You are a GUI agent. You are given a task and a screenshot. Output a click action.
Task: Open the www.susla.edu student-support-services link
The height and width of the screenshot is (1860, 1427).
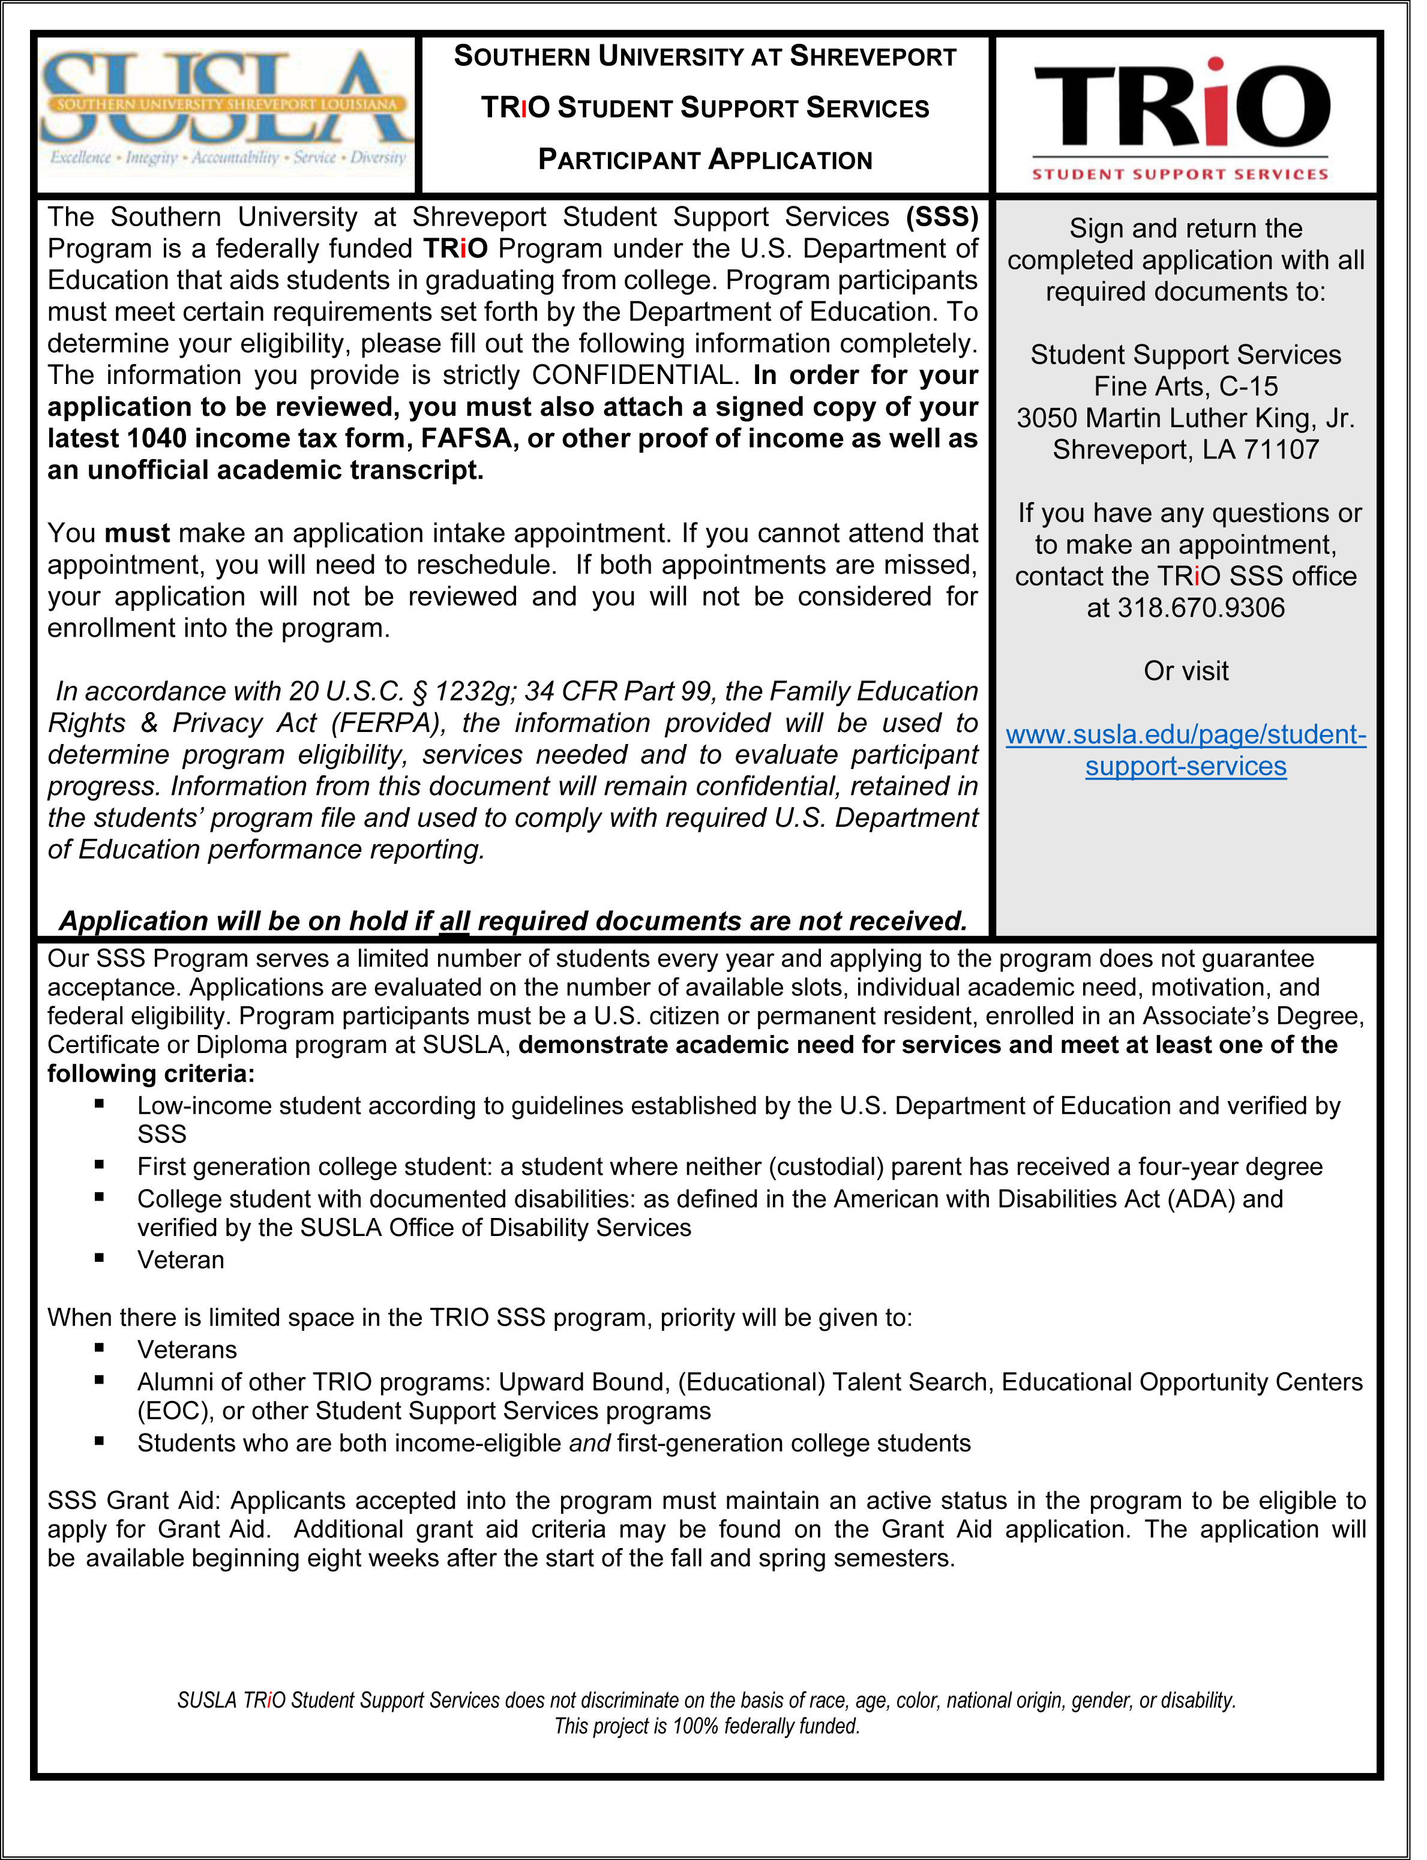coord(1186,751)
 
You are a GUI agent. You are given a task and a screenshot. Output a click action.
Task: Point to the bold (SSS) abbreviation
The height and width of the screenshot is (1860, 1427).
coord(942,217)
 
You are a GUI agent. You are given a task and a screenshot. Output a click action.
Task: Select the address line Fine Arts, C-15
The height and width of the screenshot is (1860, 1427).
coord(1186,386)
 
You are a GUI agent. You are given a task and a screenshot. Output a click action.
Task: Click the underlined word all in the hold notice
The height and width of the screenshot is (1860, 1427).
coord(454,922)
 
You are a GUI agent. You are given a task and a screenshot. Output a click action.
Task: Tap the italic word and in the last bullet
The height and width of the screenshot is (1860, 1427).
coord(589,1443)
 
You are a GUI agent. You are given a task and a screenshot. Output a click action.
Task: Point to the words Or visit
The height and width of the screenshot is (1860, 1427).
coord(1186,671)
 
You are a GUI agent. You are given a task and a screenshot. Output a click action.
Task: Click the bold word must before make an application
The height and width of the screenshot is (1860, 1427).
coord(137,533)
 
